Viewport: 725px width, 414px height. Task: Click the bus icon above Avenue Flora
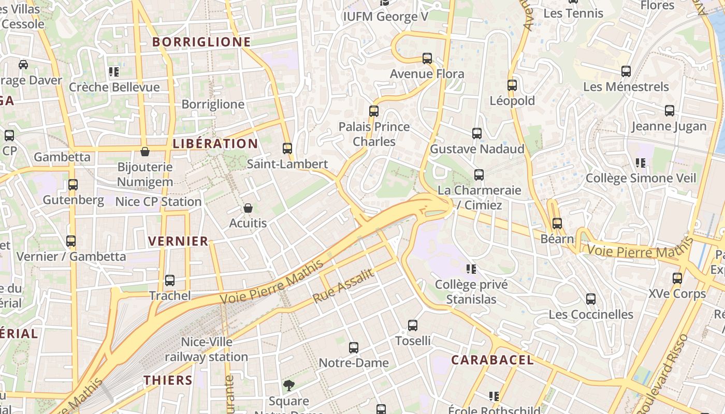tap(427, 58)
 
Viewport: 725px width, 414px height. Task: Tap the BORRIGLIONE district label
tap(202, 42)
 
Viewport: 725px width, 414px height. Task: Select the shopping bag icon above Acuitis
tap(248, 208)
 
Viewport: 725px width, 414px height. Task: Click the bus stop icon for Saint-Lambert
tap(287, 149)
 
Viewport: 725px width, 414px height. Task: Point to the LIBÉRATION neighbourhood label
tap(215, 143)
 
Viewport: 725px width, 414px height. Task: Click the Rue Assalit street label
tap(343, 287)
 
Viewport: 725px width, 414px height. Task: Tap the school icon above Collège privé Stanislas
tap(471, 269)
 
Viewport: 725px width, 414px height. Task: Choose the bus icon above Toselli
tap(413, 326)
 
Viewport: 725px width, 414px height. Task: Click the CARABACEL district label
tap(492, 360)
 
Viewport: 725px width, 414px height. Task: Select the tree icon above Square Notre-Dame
tap(289, 386)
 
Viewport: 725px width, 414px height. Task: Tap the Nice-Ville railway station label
tap(207, 349)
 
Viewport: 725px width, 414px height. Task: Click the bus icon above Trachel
tap(170, 280)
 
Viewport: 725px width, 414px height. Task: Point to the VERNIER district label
tap(178, 241)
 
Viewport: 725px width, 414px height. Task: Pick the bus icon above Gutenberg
tap(73, 185)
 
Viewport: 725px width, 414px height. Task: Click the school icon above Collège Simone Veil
tap(641, 163)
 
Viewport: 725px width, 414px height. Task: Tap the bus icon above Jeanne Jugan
tap(670, 111)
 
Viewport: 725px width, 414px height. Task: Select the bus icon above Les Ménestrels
tap(626, 71)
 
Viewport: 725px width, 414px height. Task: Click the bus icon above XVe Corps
tap(677, 278)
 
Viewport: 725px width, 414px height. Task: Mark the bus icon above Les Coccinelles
tap(591, 299)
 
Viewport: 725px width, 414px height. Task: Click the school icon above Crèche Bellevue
tap(114, 72)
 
